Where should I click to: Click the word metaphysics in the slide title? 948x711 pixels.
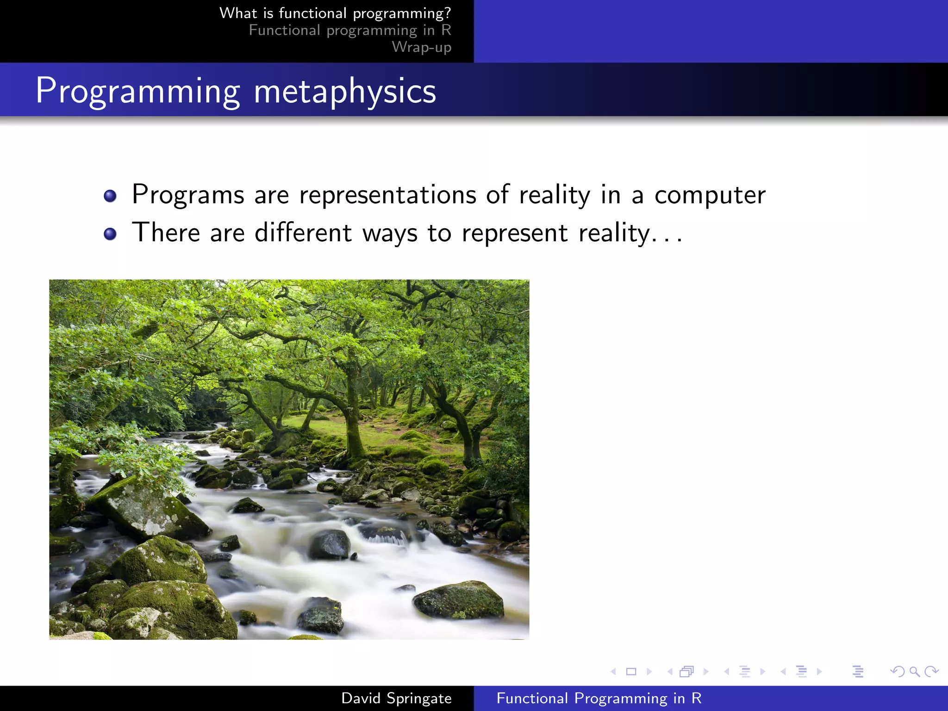[345, 91]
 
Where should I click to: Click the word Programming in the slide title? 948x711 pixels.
[138, 91]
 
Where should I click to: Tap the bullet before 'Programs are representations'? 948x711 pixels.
[110, 196]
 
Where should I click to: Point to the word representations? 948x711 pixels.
[387, 195]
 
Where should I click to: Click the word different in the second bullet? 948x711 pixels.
[303, 232]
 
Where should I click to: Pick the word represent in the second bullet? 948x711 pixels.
[514, 233]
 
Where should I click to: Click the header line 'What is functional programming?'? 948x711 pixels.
[335, 13]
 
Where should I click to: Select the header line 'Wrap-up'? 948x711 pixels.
[421, 47]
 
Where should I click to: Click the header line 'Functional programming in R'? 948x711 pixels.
[349, 30]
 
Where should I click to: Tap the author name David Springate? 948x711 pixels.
[396, 698]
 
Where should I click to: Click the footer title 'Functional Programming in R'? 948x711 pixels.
[599, 698]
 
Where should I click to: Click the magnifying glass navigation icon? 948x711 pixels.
[914, 671]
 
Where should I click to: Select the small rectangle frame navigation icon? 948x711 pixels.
[631, 671]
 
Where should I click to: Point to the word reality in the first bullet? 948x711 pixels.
[554, 195]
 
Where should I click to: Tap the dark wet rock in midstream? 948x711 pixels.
[330, 544]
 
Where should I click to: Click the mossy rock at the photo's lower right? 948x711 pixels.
[458, 600]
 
